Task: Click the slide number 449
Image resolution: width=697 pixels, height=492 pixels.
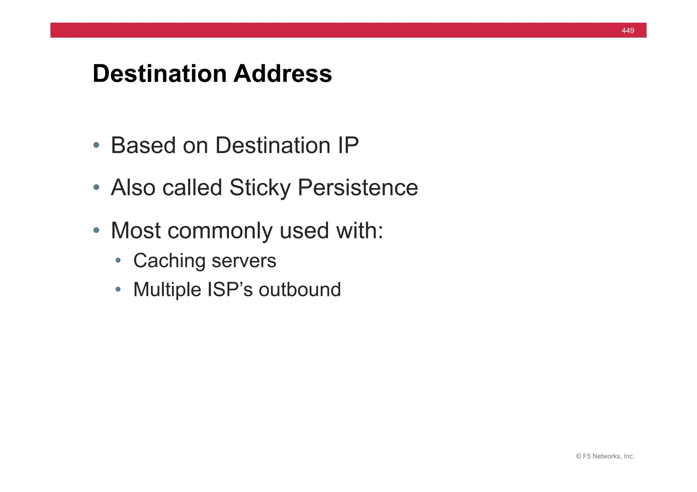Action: [628, 31]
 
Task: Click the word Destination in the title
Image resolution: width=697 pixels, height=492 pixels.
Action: [160, 73]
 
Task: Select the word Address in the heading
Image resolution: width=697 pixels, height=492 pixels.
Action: [282, 73]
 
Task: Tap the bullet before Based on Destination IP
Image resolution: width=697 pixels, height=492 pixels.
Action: [96, 145]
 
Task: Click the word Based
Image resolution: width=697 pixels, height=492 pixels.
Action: [143, 146]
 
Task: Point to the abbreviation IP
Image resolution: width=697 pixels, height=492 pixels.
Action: [348, 146]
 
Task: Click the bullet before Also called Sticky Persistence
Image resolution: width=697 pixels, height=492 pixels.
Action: [96, 187]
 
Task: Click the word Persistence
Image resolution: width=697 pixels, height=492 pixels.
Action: [358, 188]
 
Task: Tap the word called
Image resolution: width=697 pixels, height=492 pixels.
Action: [192, 188]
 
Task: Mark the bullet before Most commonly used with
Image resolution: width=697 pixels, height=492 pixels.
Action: [96, 231]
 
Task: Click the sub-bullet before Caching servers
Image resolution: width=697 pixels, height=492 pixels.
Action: [118, 261]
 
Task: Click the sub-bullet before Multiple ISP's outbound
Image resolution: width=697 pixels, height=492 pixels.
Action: [118, 289]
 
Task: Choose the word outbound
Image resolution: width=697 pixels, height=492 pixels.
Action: [299, 290]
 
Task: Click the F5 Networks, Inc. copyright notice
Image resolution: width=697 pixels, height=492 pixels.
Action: [605, 456]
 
